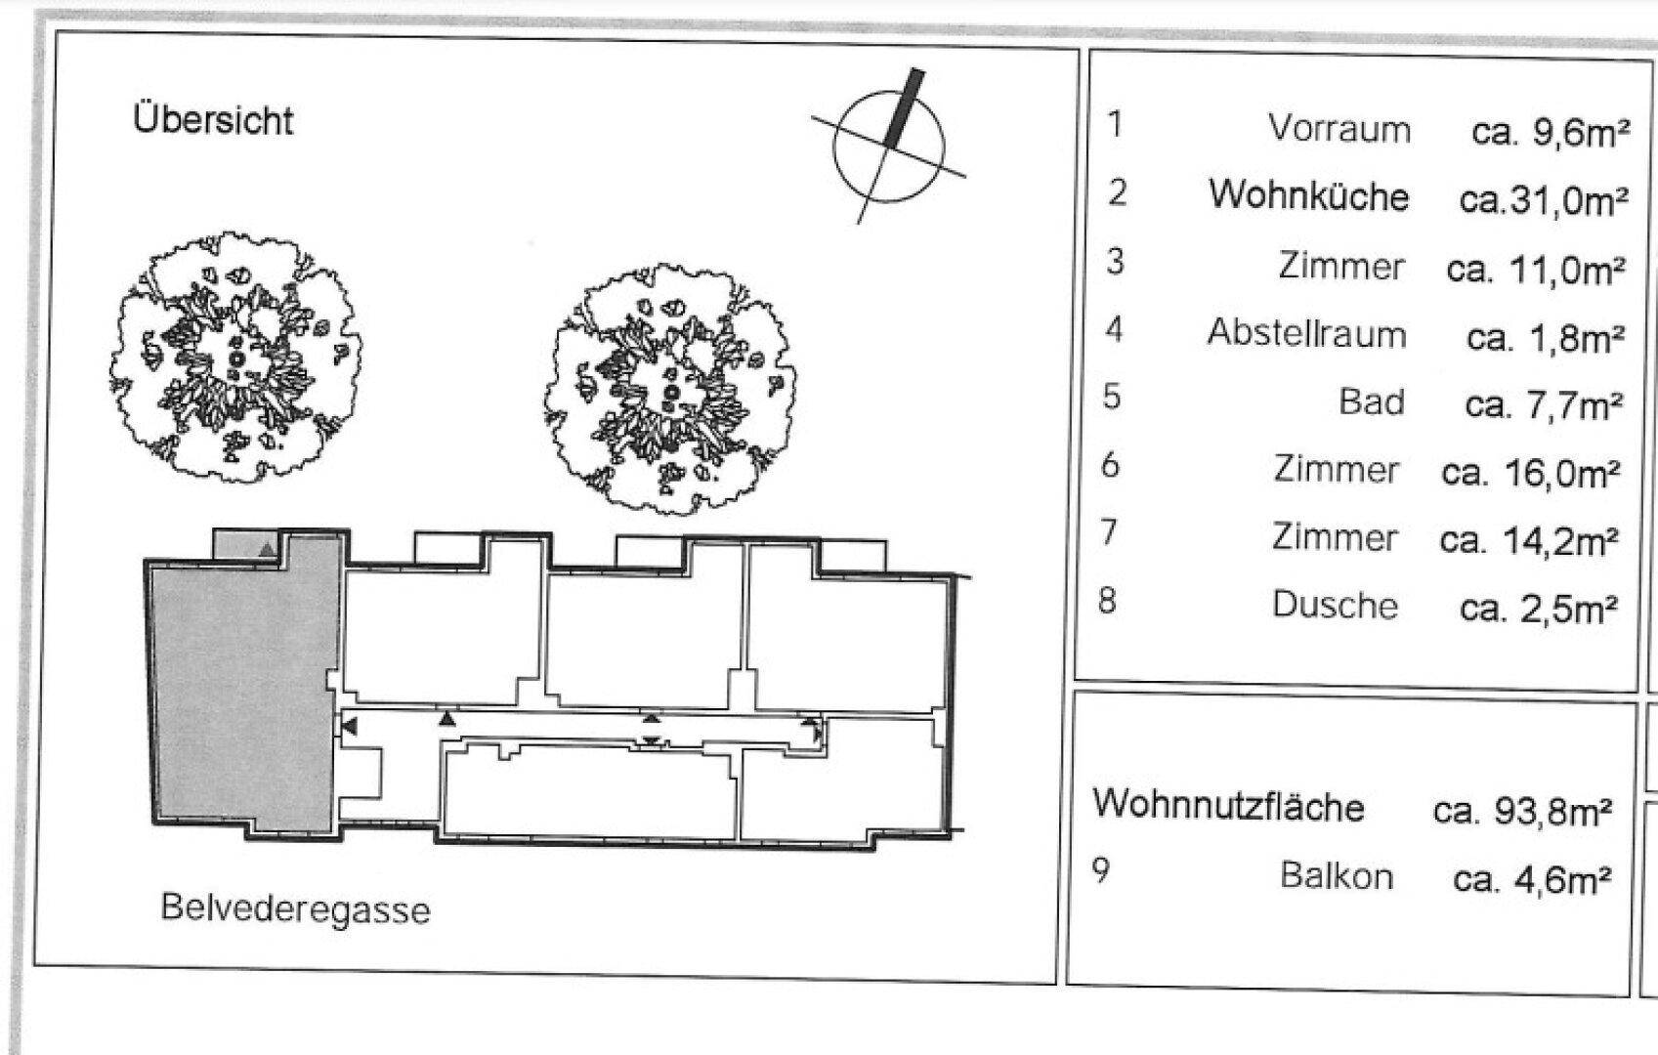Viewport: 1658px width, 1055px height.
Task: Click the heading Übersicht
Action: click(213, 120)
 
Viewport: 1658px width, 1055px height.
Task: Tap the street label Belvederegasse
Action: click(295, 909)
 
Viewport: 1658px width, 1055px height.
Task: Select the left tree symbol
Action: click(234, 359)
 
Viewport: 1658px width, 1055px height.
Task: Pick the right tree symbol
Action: click(671, 389)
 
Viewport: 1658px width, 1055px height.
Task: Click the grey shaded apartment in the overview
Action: click(239, 684)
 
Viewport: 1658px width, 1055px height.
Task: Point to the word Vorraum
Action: click(1339, 129)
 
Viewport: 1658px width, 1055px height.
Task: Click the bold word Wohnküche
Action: click(1308, 195)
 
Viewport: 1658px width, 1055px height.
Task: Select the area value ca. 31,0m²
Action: click(1544, 199)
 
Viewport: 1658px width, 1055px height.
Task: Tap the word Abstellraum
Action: click(1306, 334)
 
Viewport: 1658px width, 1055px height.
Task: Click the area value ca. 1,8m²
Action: click(1545, 338)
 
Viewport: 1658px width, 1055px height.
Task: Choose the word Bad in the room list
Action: click(1371, 401)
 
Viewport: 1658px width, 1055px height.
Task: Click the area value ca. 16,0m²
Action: click(1531, 474)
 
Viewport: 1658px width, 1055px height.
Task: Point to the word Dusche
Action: click(1335, 605)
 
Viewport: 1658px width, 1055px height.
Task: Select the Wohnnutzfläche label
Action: click(1228, 805)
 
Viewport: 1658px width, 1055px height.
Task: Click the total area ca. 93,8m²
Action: click(1521, 810)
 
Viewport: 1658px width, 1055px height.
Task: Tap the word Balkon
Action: click(1336, 876)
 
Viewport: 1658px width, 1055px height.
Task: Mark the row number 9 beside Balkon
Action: click(1101, 869)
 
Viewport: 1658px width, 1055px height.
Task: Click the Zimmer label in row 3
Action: click(1341, 266)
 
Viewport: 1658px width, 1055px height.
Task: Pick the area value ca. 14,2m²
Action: click(1529, 539)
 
